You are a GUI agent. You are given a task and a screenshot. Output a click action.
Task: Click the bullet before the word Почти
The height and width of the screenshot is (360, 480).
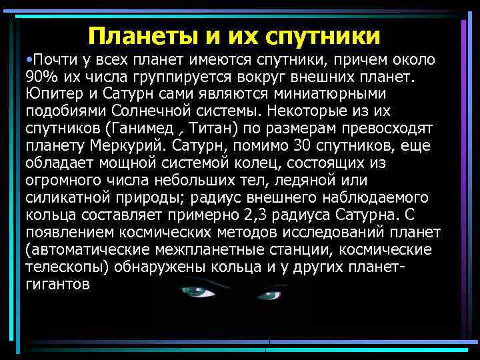click(29, 61)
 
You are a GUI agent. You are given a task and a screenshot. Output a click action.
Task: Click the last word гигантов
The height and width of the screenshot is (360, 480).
click(57, 284)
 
